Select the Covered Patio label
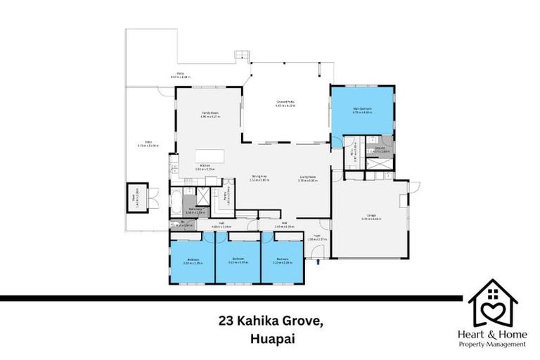pos(285,103)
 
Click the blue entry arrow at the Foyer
pos(319,262)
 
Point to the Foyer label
pos(317,237)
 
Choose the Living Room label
pos(307,178)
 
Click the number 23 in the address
pos(225,321)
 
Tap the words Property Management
pos(493,345)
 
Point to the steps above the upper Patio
pos(243,55)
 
